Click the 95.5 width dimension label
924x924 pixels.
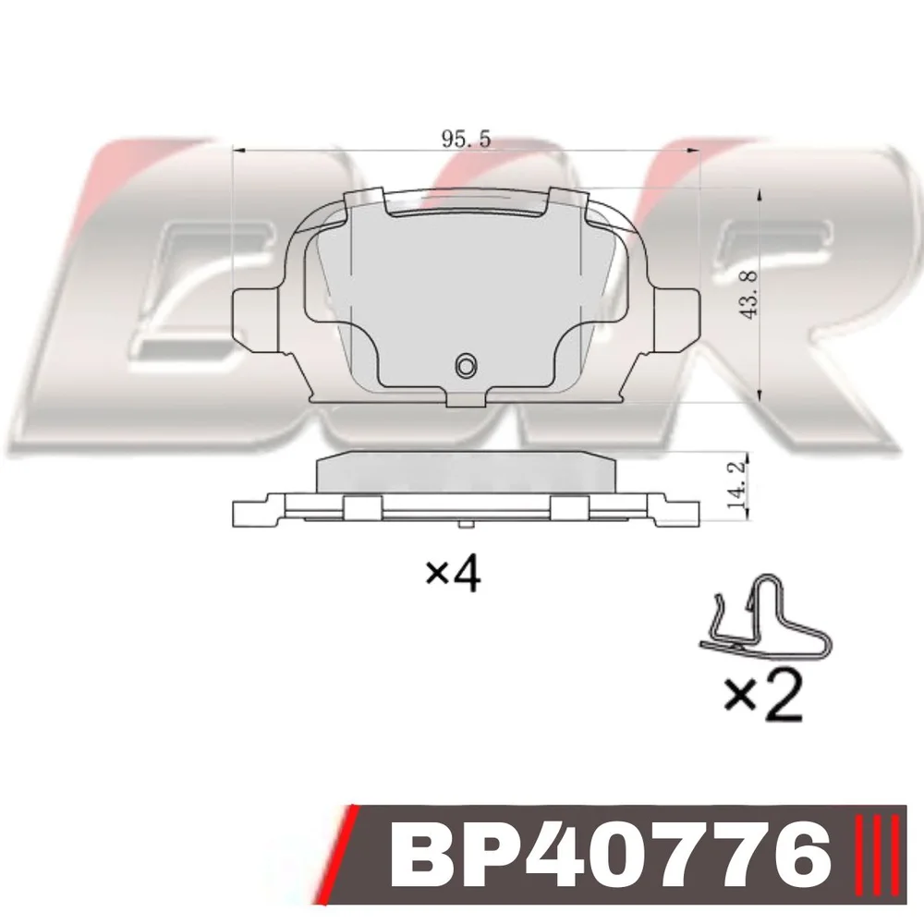466,140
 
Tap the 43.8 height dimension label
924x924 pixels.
749,295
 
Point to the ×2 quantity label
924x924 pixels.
764,697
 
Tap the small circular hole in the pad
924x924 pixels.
466,366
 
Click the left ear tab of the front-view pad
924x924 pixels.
256,318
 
